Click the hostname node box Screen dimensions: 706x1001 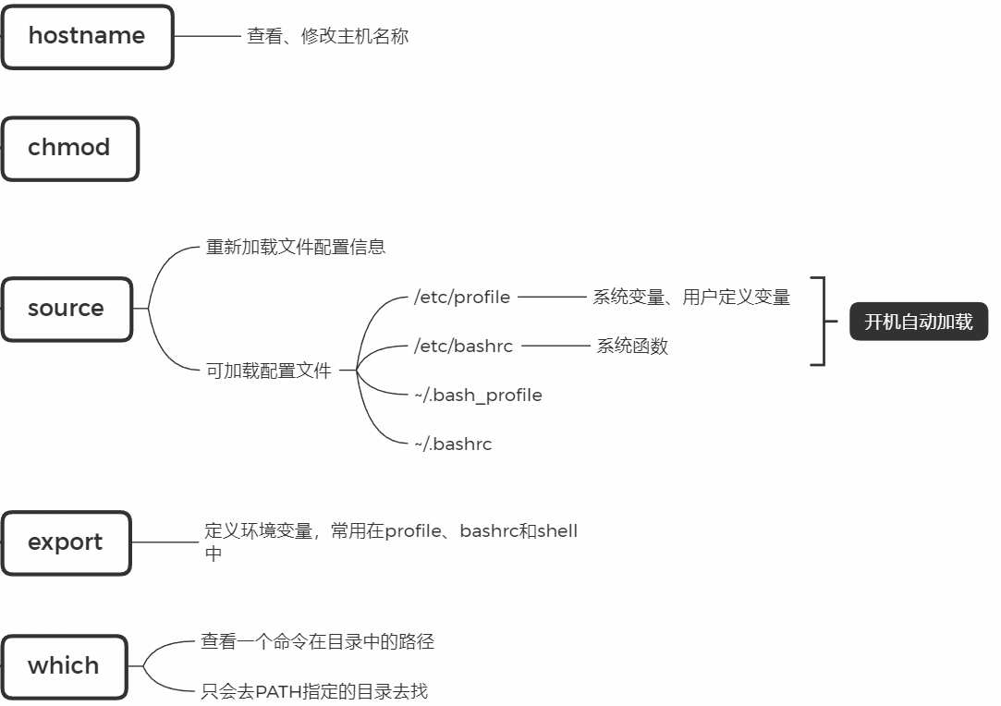click(87, 37)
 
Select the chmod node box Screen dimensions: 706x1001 click(69, 148)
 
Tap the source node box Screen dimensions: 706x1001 click(67, 309)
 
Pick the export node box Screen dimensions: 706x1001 click(66, 542)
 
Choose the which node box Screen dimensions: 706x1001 click(64, 665)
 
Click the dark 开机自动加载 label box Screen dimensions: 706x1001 click(918, 322)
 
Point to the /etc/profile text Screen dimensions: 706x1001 click(462, 298)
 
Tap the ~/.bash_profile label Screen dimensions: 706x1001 click(478, 396)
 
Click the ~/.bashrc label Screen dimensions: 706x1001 click(453, 444)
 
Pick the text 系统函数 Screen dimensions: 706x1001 click(631, 347)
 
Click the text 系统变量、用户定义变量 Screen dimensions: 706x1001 click(691, 298)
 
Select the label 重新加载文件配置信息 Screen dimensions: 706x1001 click(295, 248)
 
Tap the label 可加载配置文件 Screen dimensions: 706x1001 click(268, 371)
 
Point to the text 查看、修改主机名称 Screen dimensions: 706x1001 click(327, 37)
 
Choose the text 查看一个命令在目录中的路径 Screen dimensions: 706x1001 click(317, 641)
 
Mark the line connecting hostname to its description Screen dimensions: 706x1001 click(207, 37)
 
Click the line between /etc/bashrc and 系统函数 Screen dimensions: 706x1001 click(555, 347)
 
